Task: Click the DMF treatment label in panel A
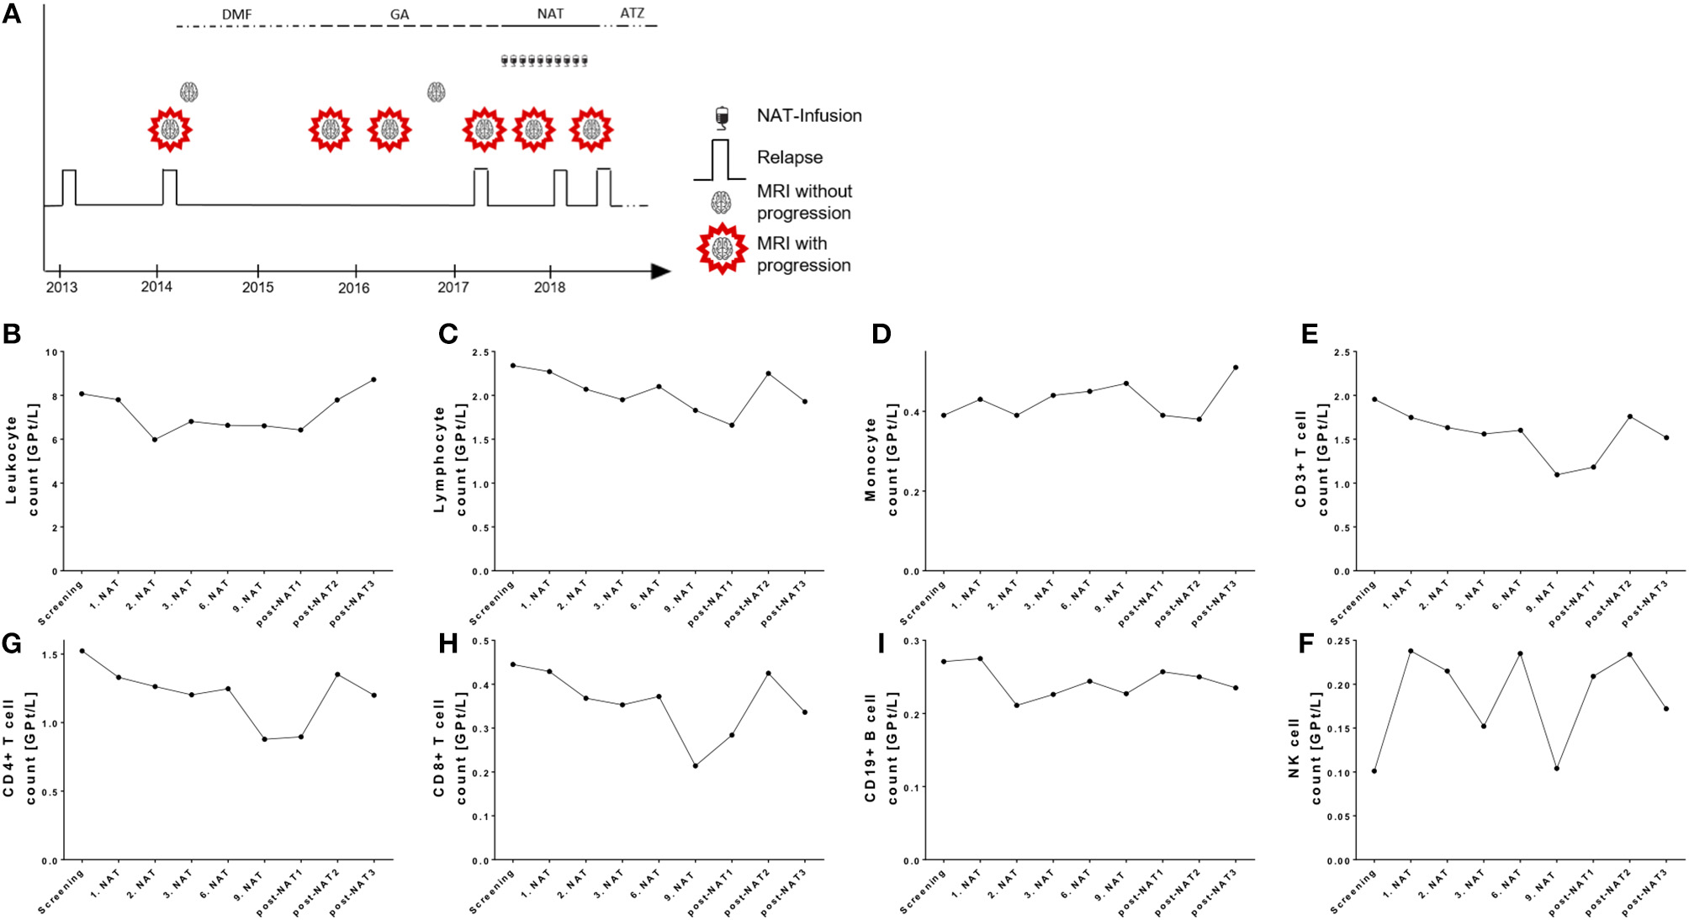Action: coord(236,14)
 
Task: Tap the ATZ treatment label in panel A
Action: coord(632,13)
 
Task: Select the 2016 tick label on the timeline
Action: coord(354,288)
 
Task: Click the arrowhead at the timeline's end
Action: coord(661,272)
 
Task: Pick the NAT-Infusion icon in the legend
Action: coord(721,117)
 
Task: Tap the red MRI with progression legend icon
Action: coord(722,249)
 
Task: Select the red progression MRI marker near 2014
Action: coord(171,130)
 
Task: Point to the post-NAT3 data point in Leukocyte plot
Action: coord(373,379)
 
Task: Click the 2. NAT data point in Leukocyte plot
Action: coord(155,439)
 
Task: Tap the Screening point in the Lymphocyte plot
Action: coord(513,365)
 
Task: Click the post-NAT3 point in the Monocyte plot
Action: coord(1236,367)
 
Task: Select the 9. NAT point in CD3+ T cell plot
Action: coord(1557,474)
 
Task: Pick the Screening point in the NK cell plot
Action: coord(1374,770)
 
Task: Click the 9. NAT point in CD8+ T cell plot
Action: coord(696,765)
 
